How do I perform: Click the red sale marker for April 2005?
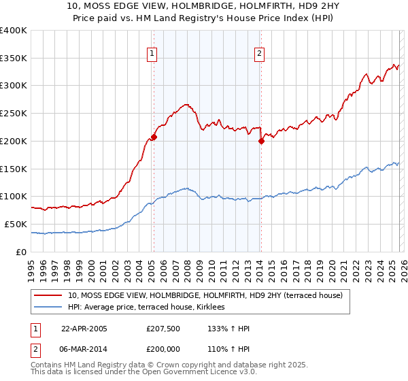[x=154, y=137]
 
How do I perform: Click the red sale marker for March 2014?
[x=261, y=142]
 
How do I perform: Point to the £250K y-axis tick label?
[x=14, y=114]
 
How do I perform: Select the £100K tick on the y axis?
[x=14, y=197]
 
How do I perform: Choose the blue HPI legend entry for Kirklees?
[x=150, y=308]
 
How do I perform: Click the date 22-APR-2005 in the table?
[x=84, y=329]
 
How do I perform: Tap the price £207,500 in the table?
[x=163, y=329]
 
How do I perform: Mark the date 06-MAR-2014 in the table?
[x=84, y=348]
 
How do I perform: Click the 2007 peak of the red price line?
[x=186, y=105]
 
